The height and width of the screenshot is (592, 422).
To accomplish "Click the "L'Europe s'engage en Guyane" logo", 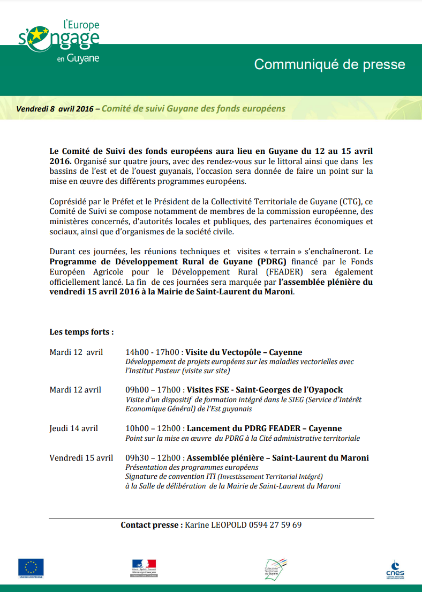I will (59, 42).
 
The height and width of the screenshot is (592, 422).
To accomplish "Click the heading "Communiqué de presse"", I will (329, 65).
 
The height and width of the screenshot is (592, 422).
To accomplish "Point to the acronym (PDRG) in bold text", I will (272, 261).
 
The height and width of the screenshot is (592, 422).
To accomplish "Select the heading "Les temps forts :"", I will (81, 332).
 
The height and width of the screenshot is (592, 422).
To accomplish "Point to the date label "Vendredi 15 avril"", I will (81, 458).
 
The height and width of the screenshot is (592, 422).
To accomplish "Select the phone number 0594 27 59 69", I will (275, 525).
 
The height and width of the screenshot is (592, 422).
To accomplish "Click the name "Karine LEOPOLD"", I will (215, 525).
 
